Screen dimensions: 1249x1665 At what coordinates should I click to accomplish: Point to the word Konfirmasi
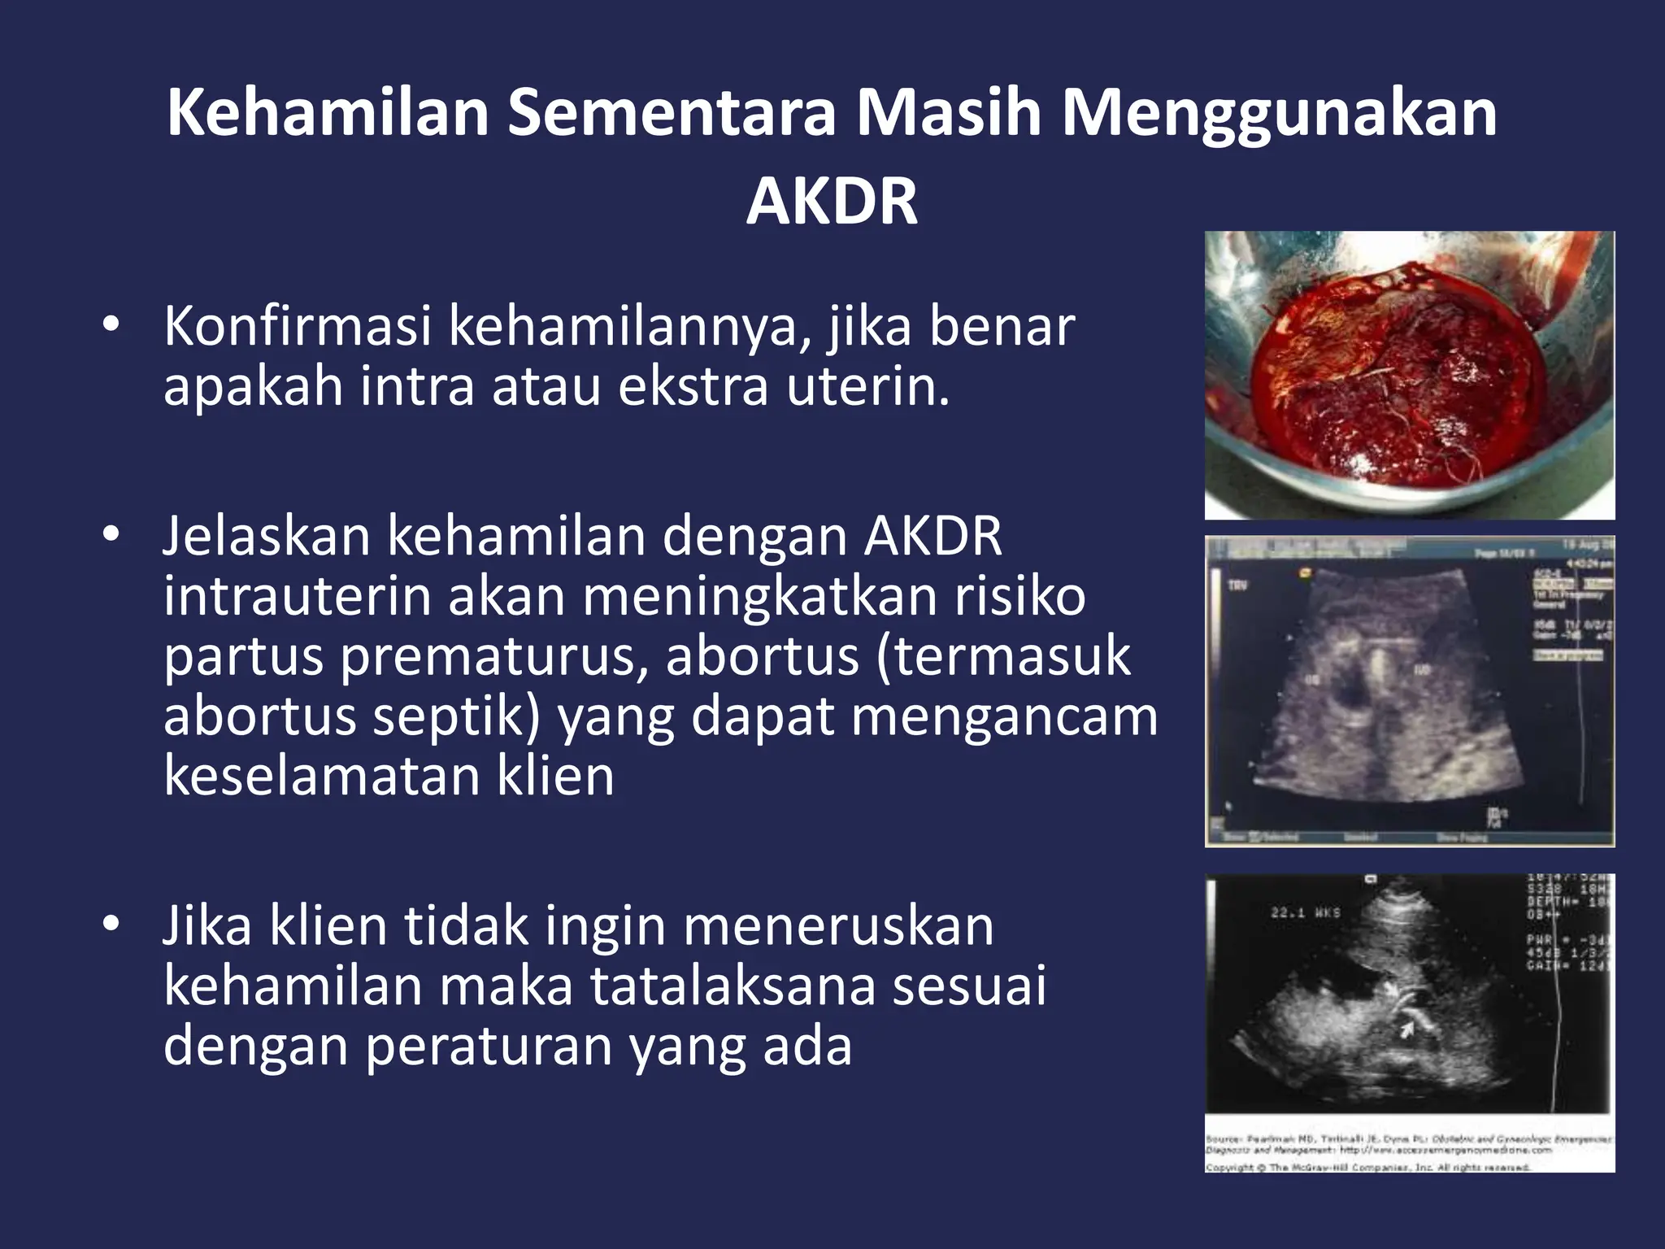(x=297, y=327)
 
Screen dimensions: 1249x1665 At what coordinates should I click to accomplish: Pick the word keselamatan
(x=322, y=776)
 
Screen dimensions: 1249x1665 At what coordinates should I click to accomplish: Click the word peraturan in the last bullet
(x=488, y=1046)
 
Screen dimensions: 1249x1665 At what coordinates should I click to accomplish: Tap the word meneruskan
(x=838, y=926)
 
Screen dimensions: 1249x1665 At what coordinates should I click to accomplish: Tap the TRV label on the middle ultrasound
(x=1237, y=585)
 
